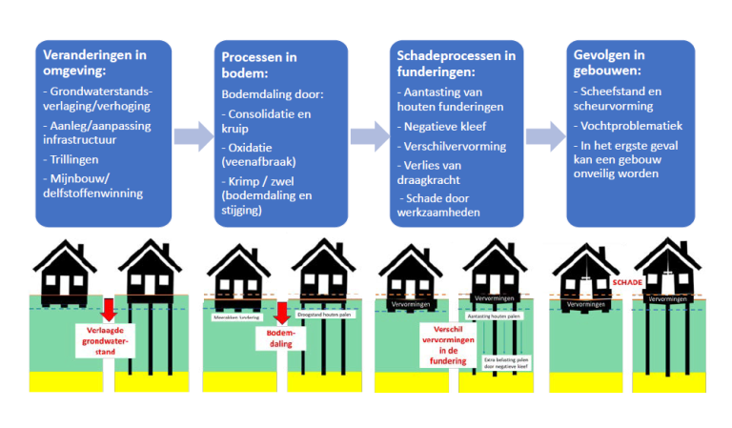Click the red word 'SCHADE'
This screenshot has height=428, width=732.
tap(627, 282)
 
